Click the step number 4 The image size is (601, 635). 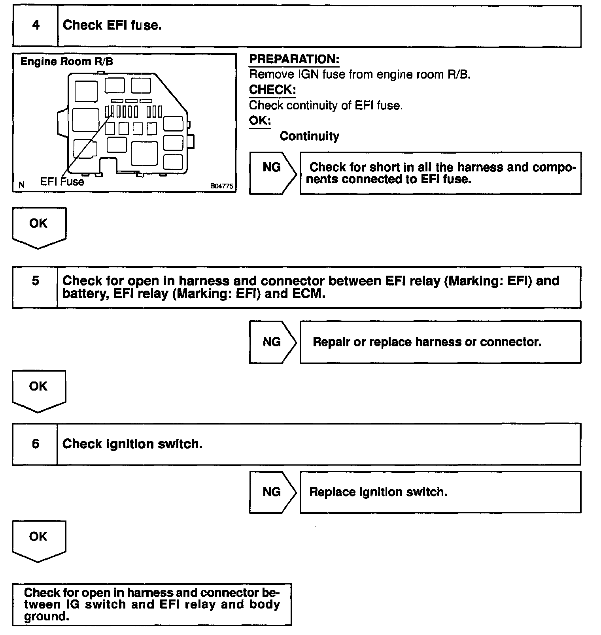(x=36, y=26)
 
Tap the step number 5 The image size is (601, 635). (x=36, y=281)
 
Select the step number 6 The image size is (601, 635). (x=36, y=444)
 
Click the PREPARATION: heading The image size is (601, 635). (x=294, y=59)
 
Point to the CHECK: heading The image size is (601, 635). (x=272, y=90)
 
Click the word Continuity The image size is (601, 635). (x=309, y=136)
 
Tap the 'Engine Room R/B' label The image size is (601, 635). (x=66, y=62)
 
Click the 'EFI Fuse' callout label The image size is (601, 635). (x=62, y=182)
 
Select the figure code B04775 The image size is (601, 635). (x=222, y=186)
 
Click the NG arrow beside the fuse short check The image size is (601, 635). (x=272, y=173)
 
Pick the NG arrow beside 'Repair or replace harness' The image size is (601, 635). (x=272, y=342)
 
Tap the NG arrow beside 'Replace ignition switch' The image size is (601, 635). (x=272, y=492)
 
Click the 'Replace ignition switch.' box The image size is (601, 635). (x=440, y=492)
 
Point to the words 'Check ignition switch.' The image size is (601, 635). (x=132, y=444)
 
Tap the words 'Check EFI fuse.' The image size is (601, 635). (x=112, y=26)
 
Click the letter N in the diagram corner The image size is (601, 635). (x=21, y=185)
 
